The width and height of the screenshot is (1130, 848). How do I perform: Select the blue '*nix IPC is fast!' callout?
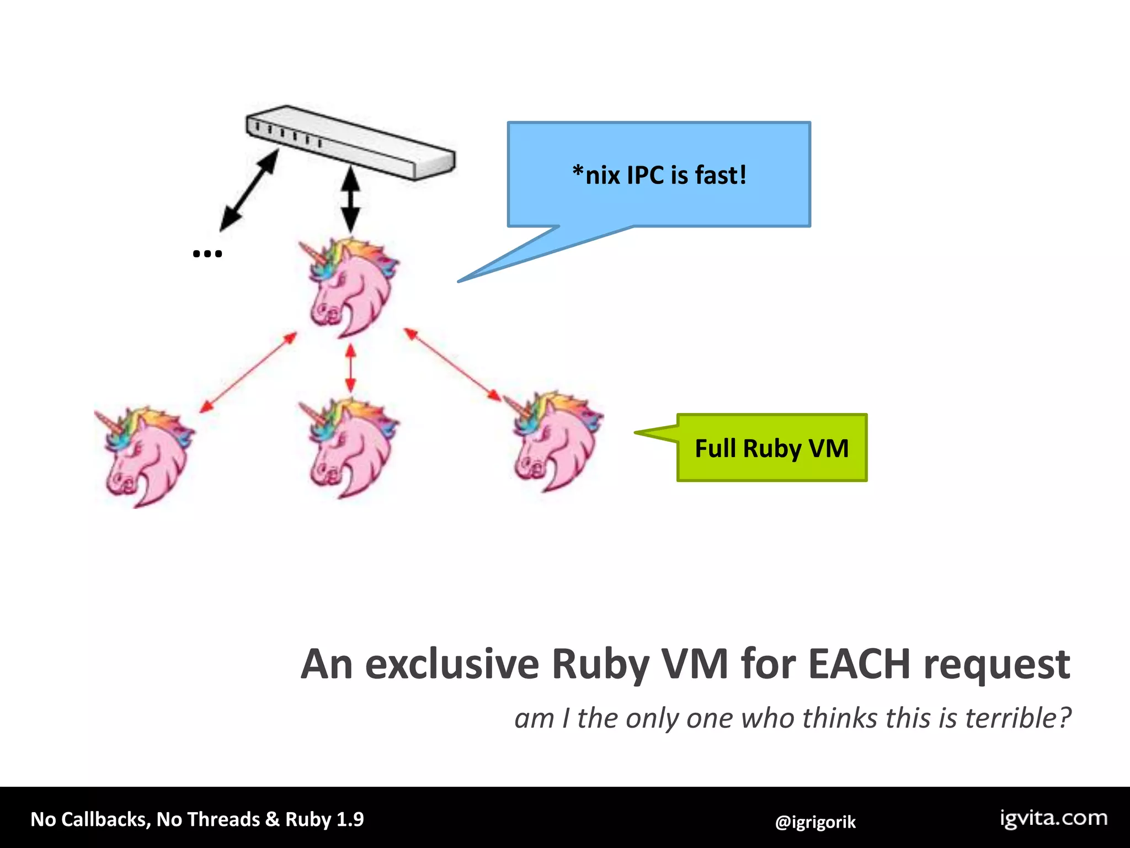(659, 174)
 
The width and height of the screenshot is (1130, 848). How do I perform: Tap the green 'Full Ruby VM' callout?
(771, 448)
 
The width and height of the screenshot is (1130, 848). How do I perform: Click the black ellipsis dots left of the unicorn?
(207, 254)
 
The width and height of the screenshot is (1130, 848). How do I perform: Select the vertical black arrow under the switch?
(350, 200)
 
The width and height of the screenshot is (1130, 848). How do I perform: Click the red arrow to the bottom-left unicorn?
(248, 372)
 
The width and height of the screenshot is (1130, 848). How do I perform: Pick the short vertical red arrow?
(350, 368)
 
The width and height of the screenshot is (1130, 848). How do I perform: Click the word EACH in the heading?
(859, 664)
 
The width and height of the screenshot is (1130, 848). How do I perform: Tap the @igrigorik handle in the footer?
(815, 822)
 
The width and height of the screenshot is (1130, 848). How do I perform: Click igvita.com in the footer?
(1053, 818)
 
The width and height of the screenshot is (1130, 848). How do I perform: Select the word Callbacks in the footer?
(105, 819)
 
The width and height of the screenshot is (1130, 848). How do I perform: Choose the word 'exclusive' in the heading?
(452, 664)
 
